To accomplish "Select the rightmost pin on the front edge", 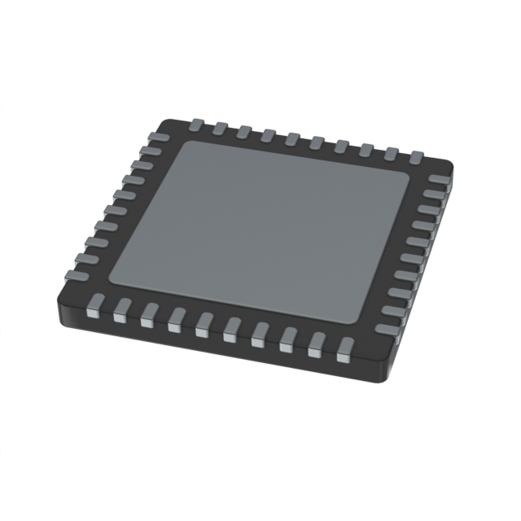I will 344,348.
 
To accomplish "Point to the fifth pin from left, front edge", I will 203,323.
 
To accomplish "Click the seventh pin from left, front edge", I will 259,333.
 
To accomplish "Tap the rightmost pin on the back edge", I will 416,155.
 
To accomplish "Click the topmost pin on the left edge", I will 159,138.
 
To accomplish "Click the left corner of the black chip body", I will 59,291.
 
